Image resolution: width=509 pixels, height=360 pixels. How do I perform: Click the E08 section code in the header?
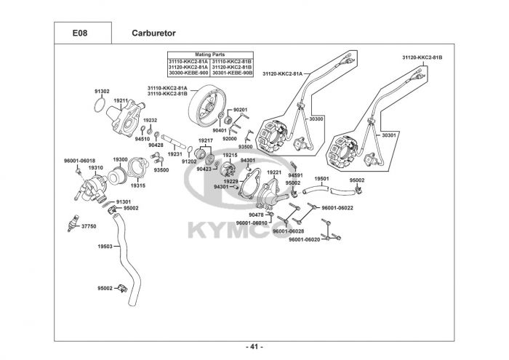pyautogui.click(x=79, y=33)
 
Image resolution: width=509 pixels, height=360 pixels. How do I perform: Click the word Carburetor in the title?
pyautogui.click(x=153, y=33)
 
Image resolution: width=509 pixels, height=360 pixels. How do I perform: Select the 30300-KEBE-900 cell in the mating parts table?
pyautogui.click(x=188, y=73)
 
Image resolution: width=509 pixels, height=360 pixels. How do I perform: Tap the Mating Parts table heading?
pyautogui.click(x=210, y=55)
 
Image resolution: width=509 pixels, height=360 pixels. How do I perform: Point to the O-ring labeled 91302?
pyautogui.click(x=100, y=105)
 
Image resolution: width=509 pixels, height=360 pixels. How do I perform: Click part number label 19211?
pyautogui.click(x=121, y=100)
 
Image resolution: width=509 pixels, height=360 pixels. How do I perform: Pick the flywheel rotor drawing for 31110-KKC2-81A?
pyautogui.click(x=207, y=106)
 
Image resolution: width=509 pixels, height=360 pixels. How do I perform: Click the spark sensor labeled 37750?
pyautogui.click(x=72, y=223)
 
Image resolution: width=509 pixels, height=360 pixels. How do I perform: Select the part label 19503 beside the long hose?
pyautogui.click(x=105, y=247)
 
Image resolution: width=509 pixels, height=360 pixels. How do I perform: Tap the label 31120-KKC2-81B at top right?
pyautogui.click(x=422, y=57)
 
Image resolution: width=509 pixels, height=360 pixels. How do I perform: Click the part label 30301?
pyautogui.click(x=389, y=135)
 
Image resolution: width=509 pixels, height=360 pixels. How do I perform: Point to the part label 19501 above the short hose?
pyautogui.click(x=321, y=178)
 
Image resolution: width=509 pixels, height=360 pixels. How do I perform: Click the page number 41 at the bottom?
pyautogui.click(x=254, y=347)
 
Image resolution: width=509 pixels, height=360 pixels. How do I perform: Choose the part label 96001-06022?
pyautogui.click(x=337, y=208)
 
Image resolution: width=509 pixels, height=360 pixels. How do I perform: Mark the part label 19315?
pyautogui.click(x=138, y=186)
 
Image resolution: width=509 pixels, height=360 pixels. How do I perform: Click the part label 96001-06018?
pyautogui.click(x=79, y=161)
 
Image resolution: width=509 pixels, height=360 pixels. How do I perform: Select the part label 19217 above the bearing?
pyautogui.click(x=206, y=140)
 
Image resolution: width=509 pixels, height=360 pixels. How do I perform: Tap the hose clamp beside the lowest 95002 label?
pyautogui.click(x=122, y=287)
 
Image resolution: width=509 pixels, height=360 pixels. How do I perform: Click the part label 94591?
pyautogui.click(x=295, y=175)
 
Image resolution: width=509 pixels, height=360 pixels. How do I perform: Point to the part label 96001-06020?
pyautogui.click(x=305, y=239)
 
